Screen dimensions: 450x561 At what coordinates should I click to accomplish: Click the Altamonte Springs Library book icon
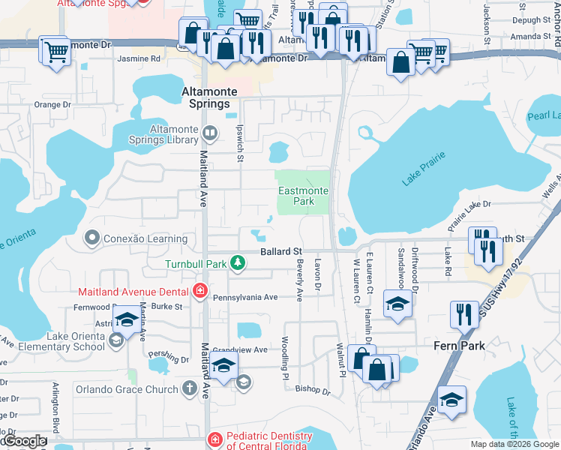211,134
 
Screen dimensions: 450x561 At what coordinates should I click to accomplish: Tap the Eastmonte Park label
303,196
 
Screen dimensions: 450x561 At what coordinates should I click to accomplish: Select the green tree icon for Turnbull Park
238,262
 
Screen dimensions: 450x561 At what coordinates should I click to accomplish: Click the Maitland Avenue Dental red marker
199,290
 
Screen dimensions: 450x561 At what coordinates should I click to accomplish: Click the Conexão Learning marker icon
92,238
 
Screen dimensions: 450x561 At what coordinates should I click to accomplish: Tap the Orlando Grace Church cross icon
190,389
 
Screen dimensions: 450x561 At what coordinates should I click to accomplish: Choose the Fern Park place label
459,346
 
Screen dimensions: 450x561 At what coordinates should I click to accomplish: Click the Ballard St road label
281,251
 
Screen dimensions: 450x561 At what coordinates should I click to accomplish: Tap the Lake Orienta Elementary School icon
115,341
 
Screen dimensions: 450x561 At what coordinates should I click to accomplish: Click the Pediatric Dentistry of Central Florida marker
214,439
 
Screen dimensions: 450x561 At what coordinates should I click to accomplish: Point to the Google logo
24,441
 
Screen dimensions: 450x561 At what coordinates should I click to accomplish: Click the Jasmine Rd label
139,58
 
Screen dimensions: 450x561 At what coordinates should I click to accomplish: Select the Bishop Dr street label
313,390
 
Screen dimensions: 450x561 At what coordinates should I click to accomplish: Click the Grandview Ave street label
240,350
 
